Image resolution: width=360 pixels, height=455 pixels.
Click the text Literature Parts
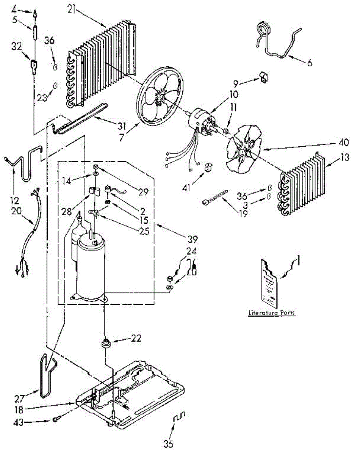272,313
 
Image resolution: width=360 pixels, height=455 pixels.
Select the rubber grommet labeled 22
106,344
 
